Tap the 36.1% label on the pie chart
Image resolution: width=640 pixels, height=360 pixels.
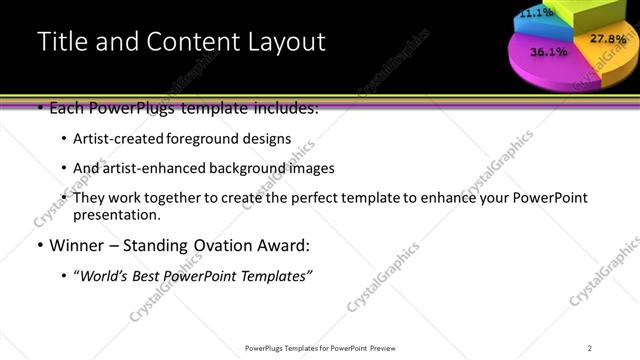point(549,51)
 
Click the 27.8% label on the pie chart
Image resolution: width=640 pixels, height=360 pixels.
point(608,39)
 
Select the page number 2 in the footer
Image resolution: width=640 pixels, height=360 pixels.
point(590,347)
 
